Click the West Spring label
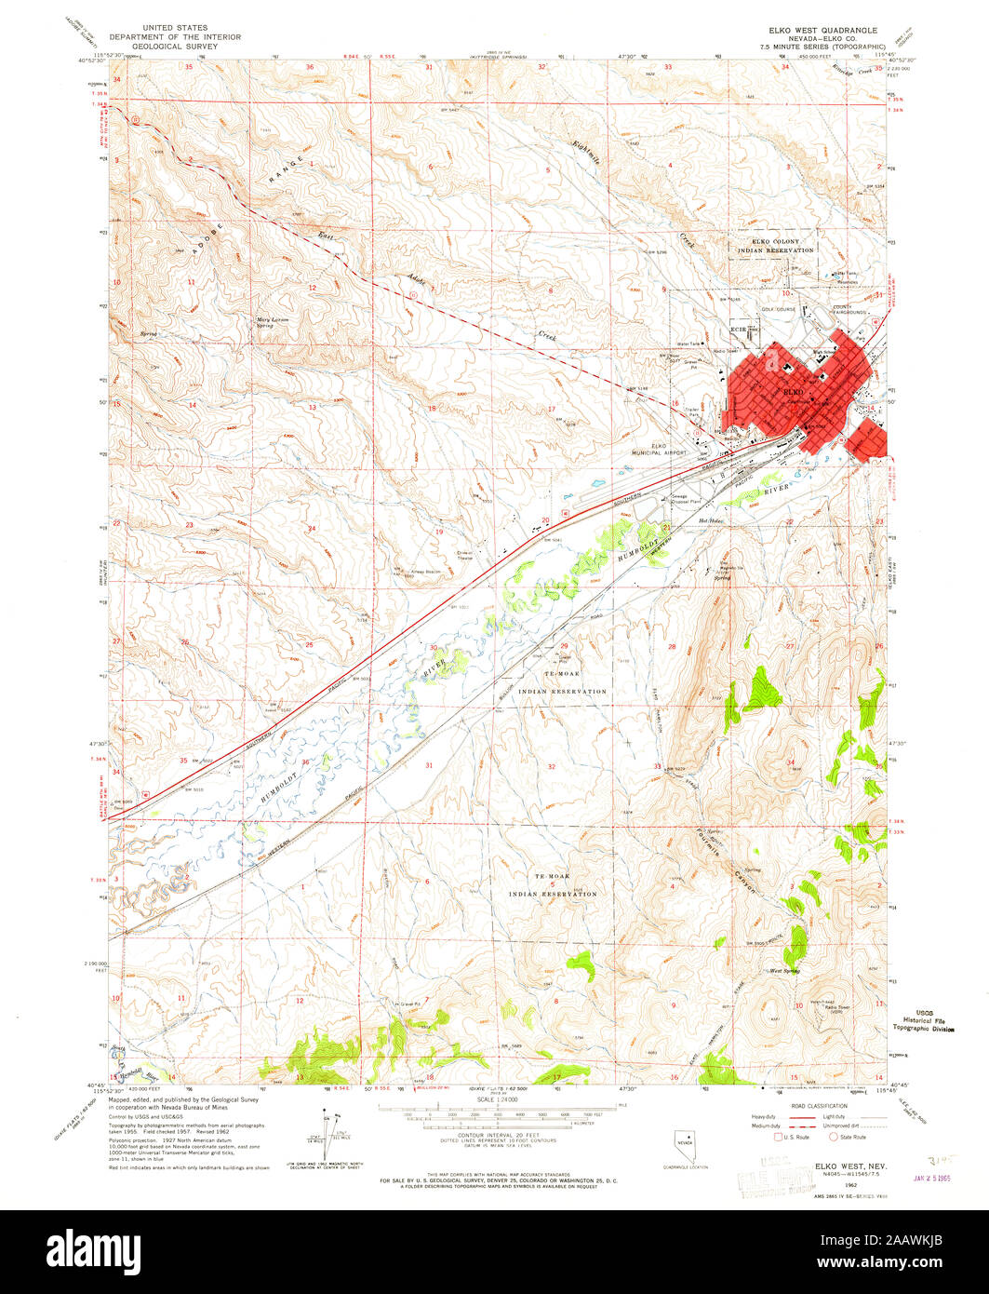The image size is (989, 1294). point(784,971)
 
